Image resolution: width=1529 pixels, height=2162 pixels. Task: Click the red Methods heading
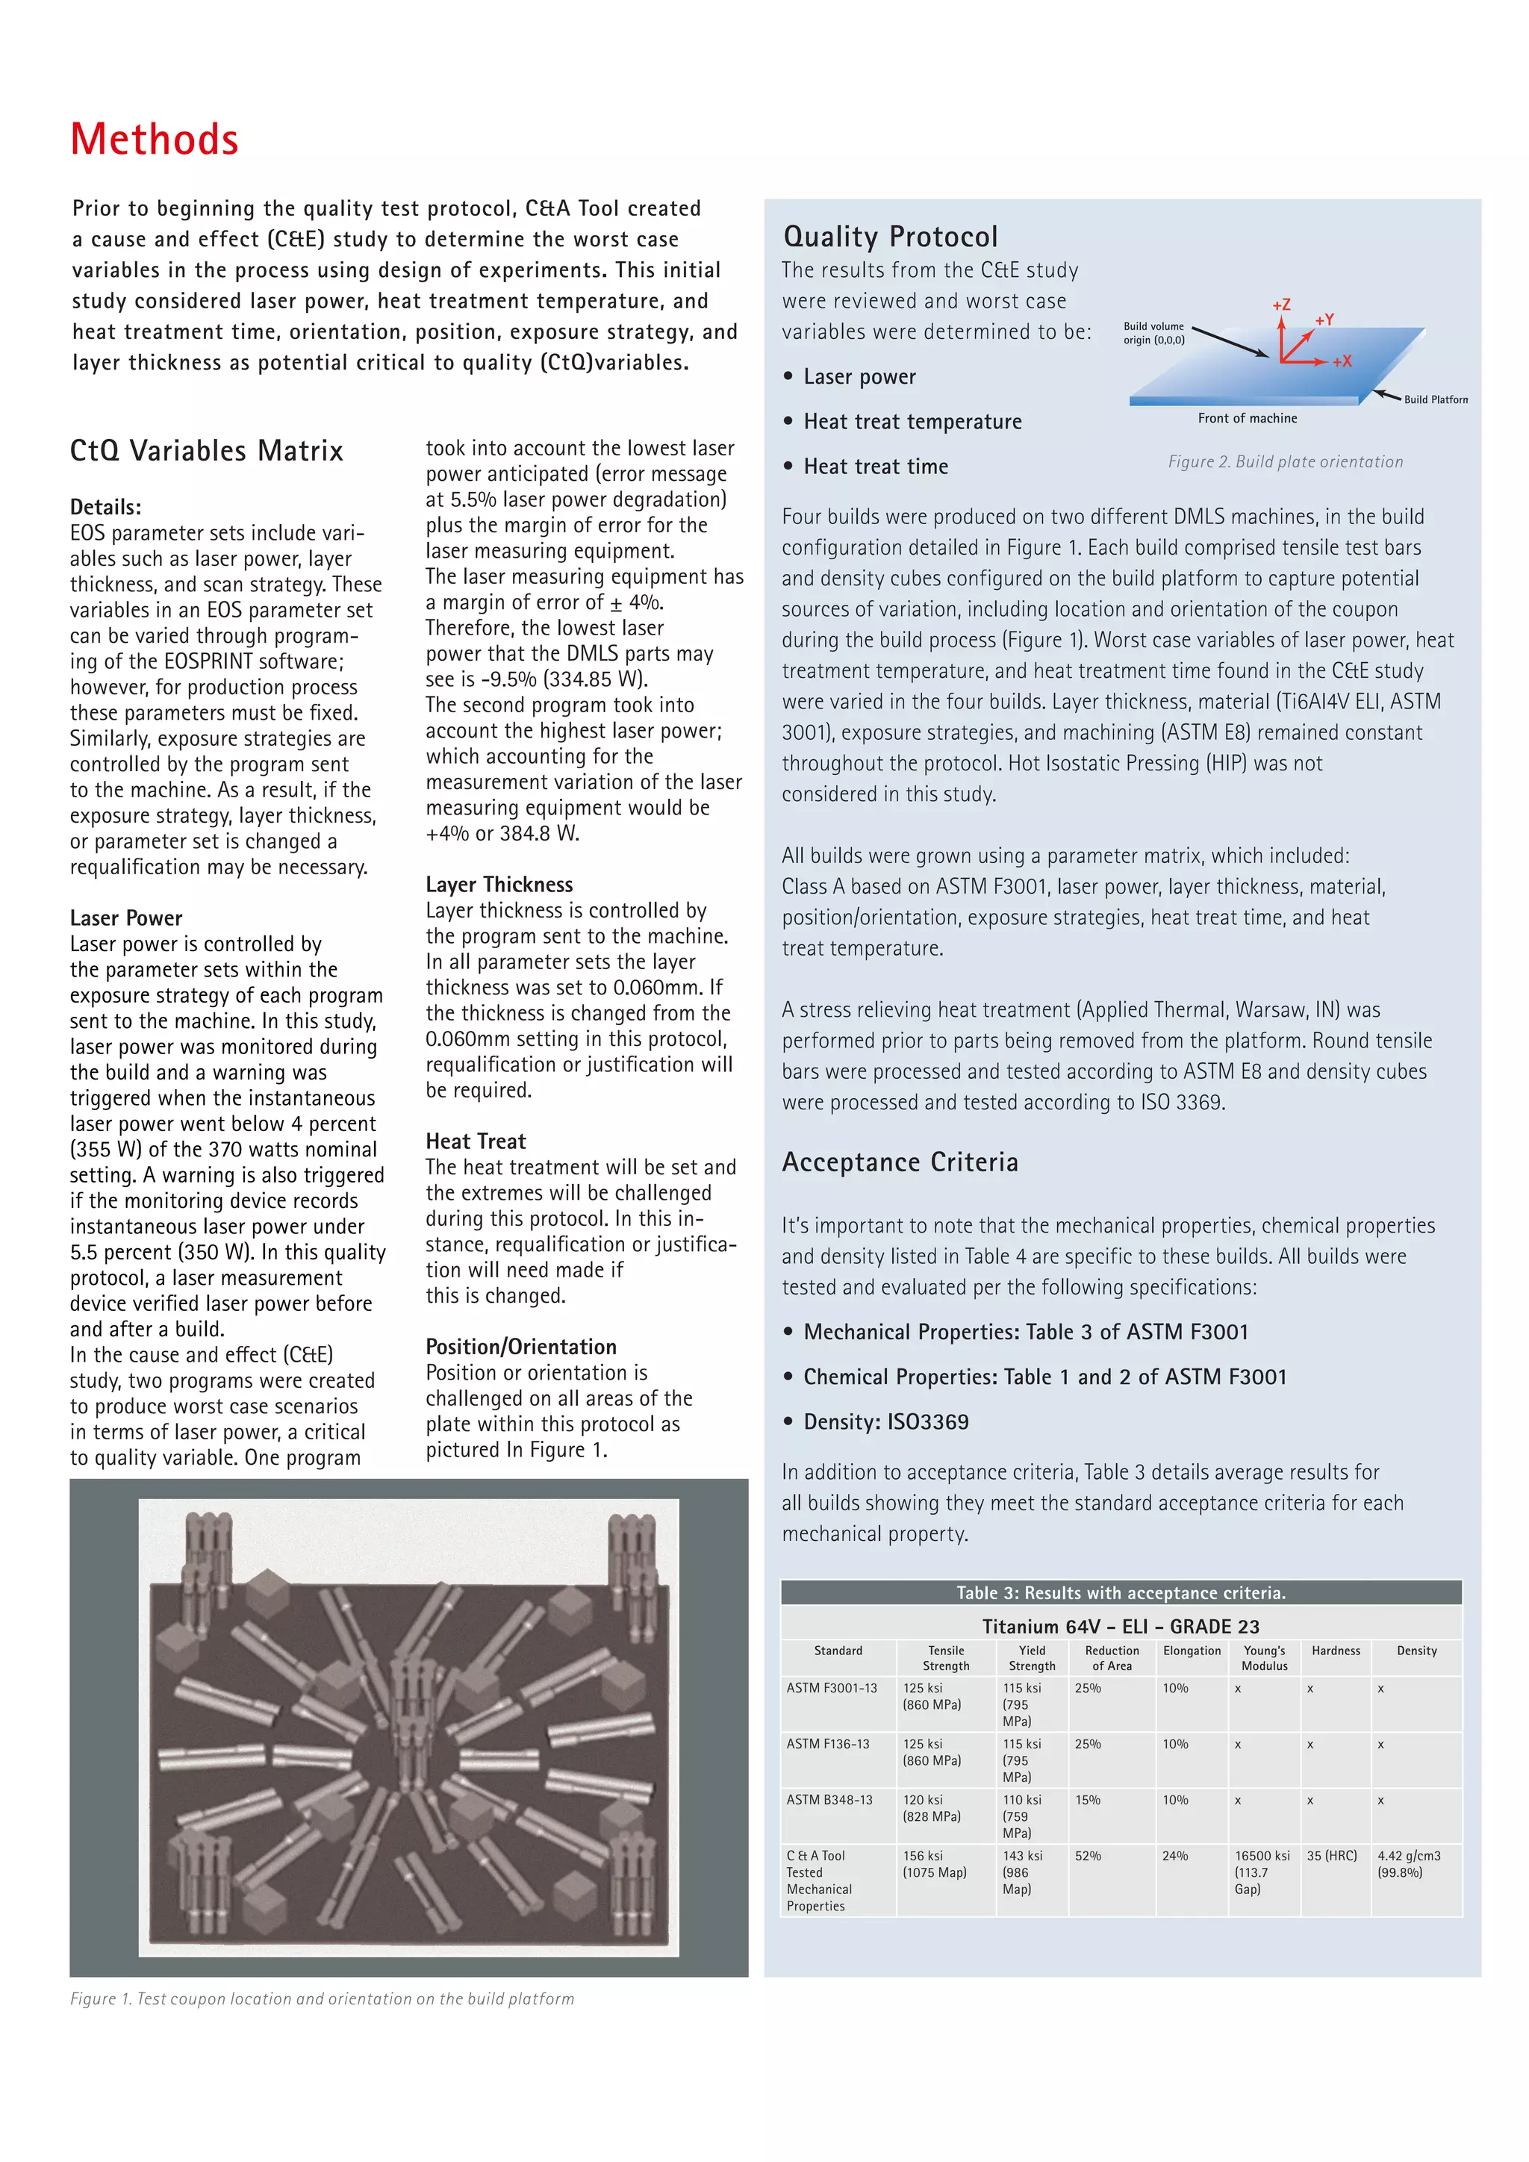coord(155,140)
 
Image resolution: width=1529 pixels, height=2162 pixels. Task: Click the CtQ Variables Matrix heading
coord(206,451)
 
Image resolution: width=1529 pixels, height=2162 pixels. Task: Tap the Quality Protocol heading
coord(890,237)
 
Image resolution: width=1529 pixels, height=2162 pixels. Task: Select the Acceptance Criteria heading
coord(899,1162)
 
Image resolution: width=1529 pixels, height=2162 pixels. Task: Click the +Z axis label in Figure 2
coord(1280,305)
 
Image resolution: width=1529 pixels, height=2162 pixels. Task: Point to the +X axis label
coord(1342,361)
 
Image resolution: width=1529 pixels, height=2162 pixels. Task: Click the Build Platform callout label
coord(1435,399)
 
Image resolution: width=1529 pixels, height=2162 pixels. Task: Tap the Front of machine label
coord(1247,418)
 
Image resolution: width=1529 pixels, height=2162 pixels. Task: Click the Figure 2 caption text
coord(1285,461)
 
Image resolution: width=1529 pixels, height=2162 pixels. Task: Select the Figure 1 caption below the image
coord(321,1999)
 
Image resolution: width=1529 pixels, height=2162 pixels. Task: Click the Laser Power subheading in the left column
coord(126,918)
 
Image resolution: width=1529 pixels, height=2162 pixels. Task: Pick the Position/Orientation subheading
coord(520,1347)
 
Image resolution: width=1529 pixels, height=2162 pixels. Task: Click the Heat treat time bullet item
coord(875,466)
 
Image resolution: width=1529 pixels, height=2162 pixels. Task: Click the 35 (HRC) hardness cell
coord(1331,1855)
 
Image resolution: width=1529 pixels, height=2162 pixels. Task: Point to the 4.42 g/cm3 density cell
coord(1409,1863)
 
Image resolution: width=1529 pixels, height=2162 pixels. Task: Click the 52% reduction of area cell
coord(1088,1855)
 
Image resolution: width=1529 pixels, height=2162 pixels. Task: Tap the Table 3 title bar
coord(1121,1592)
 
